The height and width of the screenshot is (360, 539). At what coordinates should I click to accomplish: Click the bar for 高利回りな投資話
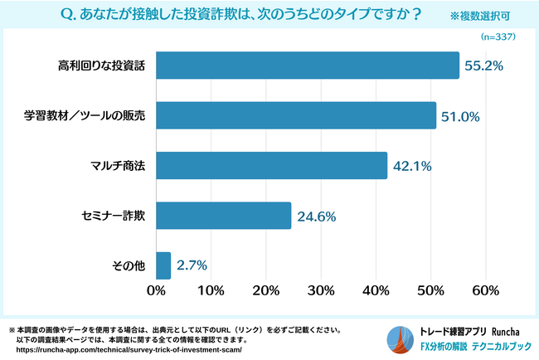(x=307, y=66)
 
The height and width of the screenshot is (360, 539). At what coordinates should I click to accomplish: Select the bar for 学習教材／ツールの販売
(x=295, y=115)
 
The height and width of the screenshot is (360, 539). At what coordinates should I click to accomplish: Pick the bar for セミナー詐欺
(x=223, y=215)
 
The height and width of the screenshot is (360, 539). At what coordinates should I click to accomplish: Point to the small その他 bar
(x=163, y=265)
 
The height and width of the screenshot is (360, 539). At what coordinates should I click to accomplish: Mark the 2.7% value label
(x=192, y=265)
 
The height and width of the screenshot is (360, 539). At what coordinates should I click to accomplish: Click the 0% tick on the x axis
(x=156, y=291)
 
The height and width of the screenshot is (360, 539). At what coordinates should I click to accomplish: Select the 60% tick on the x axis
(x=484, y=291)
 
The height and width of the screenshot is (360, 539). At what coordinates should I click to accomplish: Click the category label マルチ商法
(x=116, y=166)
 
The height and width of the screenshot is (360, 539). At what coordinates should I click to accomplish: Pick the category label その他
(x=129, y=265)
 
